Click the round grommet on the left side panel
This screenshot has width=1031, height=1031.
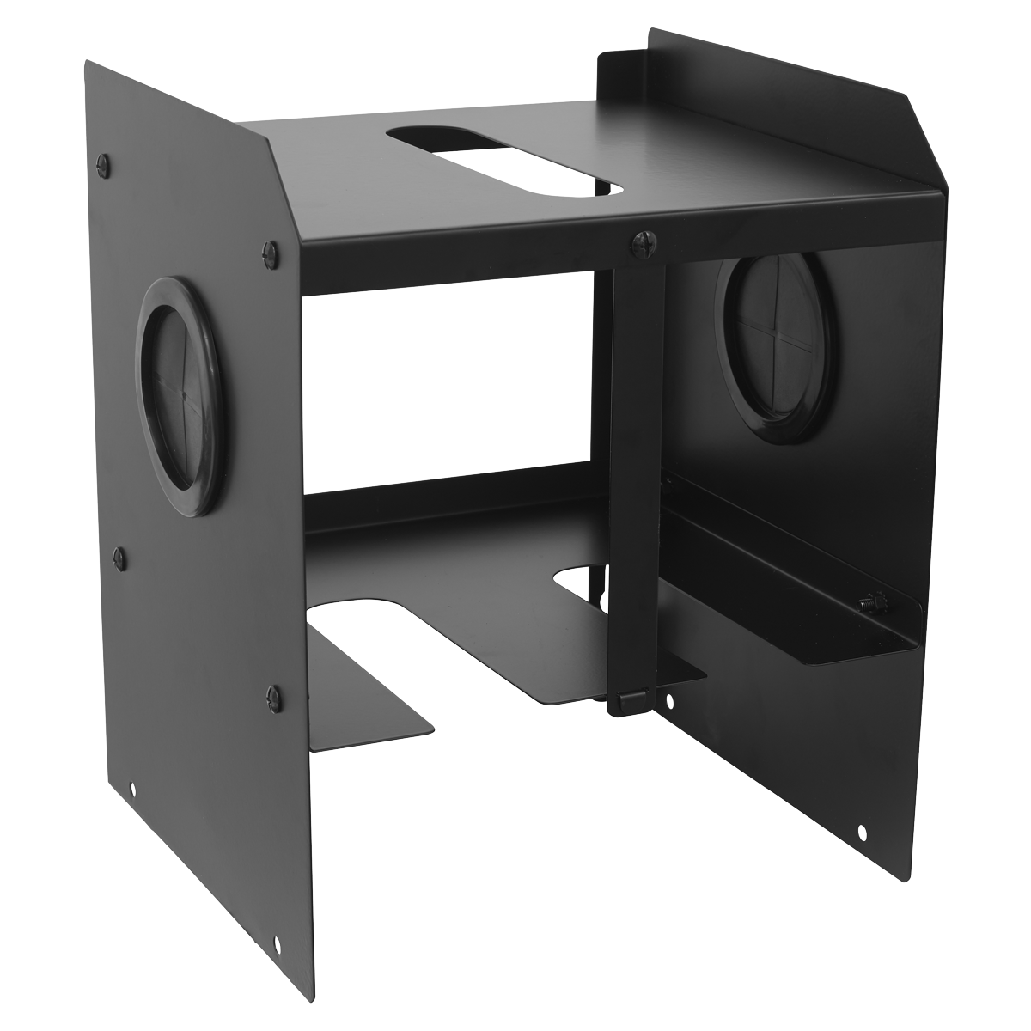[179, 396]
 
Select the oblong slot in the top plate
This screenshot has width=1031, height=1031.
[503, 159]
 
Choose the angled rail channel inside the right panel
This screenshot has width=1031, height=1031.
[790, 584]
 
